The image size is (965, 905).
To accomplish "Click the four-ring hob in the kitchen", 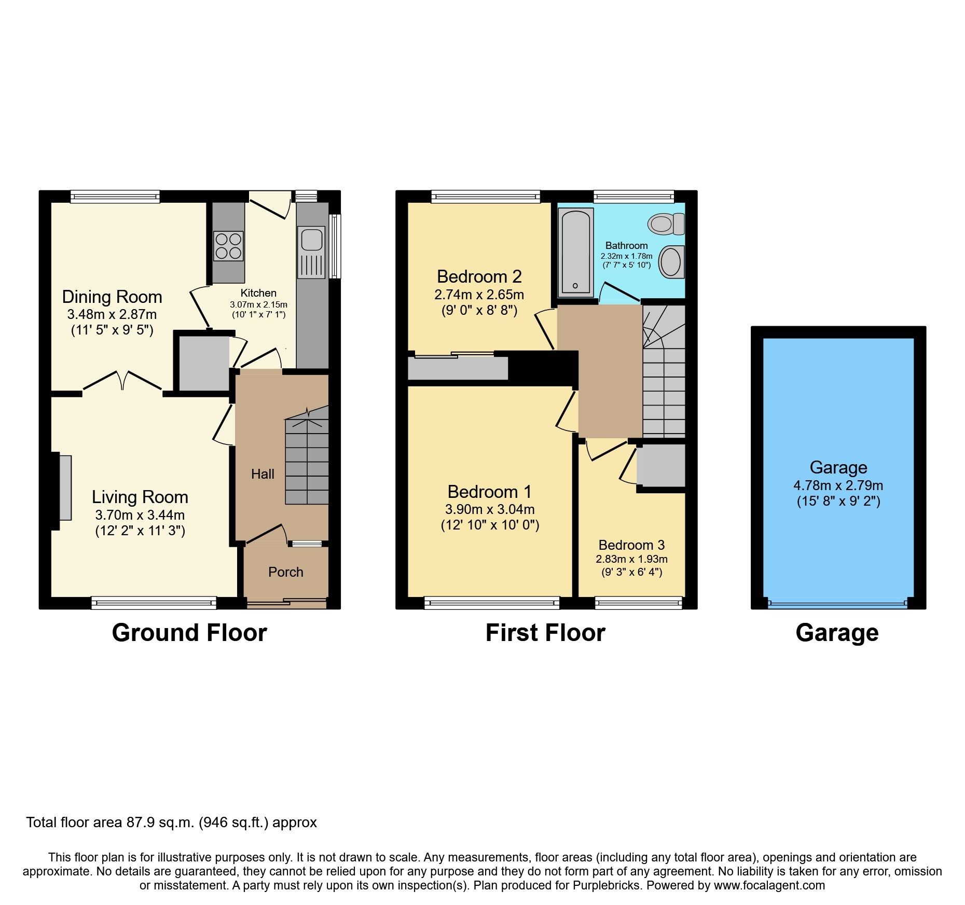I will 228,246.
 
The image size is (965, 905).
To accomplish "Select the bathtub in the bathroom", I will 575,252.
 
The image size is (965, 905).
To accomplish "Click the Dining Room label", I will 112,297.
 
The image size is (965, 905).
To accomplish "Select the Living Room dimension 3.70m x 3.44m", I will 140,515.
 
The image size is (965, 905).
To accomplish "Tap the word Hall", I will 263,474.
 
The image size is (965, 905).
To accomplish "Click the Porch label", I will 285,572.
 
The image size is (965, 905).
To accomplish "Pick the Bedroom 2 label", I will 479,276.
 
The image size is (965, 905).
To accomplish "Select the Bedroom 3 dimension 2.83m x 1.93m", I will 631,559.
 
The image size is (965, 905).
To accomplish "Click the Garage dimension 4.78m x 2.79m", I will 838,485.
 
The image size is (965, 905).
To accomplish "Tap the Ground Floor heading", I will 189,633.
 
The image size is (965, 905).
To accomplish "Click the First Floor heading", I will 545,633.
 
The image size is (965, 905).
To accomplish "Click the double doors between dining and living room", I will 122,381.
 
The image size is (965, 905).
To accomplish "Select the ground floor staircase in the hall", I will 307,462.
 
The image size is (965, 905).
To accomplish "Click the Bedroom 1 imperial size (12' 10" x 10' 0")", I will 490,525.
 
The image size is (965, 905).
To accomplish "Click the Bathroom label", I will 626,245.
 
